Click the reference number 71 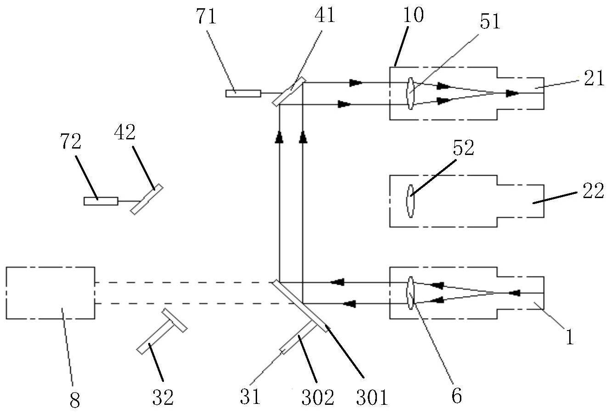click(206, 17)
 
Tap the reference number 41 click(325, 15)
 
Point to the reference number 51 click(490, 22)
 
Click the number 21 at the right click(594, 78)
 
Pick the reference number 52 click(464, 148)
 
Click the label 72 click(71, 141)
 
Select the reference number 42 click(125, 132)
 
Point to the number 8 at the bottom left click(75, 400)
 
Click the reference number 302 click(318, 397)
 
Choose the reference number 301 click(372, 397)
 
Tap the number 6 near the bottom click(457, 396)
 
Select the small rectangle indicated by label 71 click(243, 94)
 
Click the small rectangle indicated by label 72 click(101, 201)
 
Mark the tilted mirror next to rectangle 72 click(146, 199)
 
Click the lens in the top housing click(410, 94)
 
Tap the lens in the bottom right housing click(410, 293)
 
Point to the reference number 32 click(163, 397)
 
